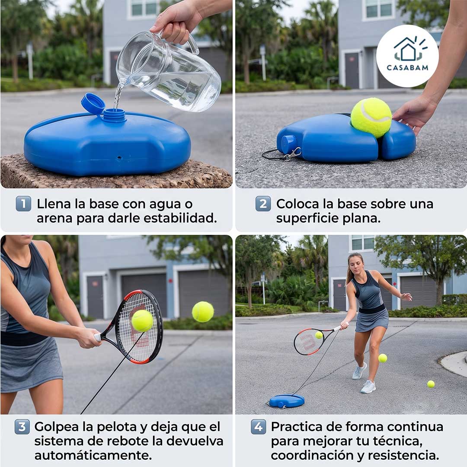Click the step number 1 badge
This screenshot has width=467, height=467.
click(x=23, y=204)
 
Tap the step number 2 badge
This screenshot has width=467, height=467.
click(x=263, y=204)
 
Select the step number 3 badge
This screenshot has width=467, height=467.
click(x=22, y=427)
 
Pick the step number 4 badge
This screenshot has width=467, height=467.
click(x=258, y=427)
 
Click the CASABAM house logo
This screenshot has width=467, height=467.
click(x=407, y=56)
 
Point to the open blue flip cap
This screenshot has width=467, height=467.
click(x=93, y=103)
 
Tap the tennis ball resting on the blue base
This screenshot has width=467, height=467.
click(x=371, y=117)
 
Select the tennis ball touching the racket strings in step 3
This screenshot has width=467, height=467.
click(x=142, y=321)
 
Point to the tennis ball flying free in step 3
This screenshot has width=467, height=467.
click(x=203, y=312)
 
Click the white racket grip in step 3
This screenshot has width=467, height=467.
click(x=97, y=337)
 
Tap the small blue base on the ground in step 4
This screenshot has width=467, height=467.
click(x=287, y=401)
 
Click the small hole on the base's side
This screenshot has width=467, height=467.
click(x=119, y=157)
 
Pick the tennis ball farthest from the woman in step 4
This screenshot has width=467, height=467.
click(x=431, y=384)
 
